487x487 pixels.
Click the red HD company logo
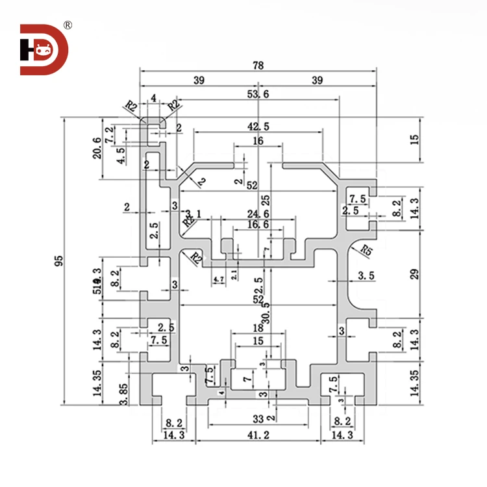click(x=44, y=49)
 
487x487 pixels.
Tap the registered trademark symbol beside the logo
click(x=68, y=25)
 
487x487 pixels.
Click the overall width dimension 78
click(x=258, y=66)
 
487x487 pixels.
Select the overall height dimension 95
click(x=59, y=261)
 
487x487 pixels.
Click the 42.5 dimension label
click(x=258, y=125)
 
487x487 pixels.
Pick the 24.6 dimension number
click(x=258, y=214)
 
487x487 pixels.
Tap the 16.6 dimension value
click(x=258, y=225)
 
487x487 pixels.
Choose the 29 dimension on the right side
click(x=415, y=273)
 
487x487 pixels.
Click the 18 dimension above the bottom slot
click(x=258, y=329)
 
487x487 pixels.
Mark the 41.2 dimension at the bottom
click(x=258, y=435)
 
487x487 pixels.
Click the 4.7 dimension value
click(x=218, y=279)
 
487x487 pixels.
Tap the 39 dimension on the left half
click(x=199, y=81)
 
